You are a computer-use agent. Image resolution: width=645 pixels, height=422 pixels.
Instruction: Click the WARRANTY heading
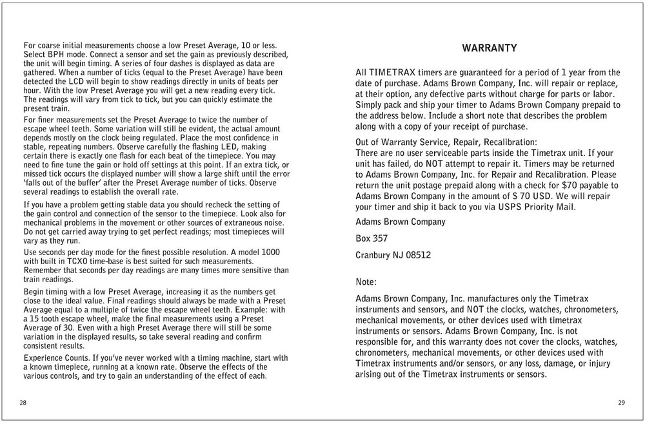pos(490,48)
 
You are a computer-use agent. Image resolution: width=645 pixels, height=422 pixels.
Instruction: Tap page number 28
pos(23,403)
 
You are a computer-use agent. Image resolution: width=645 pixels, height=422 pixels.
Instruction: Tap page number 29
pos(621,403)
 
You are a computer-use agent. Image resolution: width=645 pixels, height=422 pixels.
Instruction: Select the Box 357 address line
pos(372,238)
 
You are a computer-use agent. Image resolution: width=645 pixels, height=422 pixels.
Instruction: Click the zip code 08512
pos(417,255)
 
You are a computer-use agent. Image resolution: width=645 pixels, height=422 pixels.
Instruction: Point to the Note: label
pos(366,282)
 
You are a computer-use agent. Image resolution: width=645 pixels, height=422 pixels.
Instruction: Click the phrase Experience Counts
pos(56,358)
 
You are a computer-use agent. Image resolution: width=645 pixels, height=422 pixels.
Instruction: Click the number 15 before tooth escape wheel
pos(39,319)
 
